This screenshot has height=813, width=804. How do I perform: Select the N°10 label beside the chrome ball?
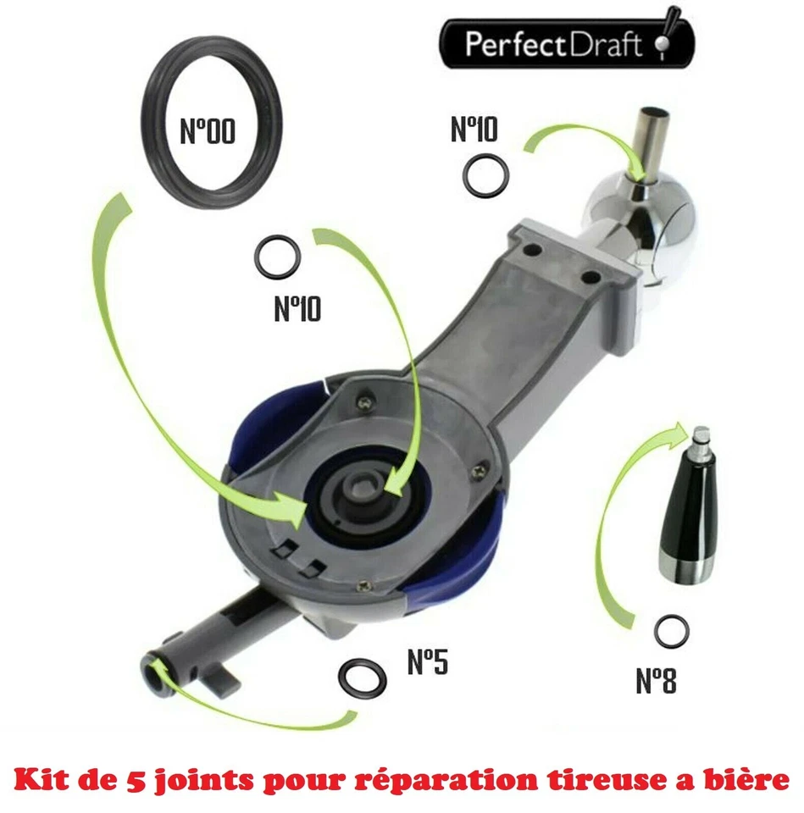[x=474, y=130]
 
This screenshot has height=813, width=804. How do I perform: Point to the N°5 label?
[x=426, y=661]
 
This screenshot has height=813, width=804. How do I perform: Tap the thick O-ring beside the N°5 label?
[x=362, y=676]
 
